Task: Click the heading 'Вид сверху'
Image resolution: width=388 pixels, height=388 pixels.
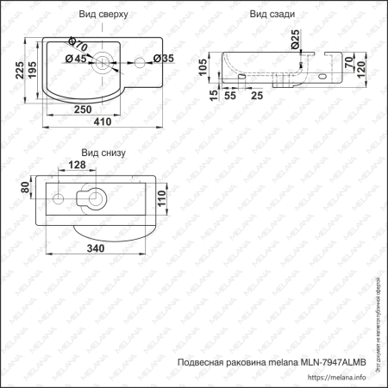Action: pyautogui.click(x=104, y=15)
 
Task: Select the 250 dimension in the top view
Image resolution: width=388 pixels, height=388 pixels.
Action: pyautogui.click(x=83, y=110)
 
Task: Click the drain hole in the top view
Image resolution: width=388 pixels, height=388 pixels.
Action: pyautogui.click(x=102, y=59)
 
